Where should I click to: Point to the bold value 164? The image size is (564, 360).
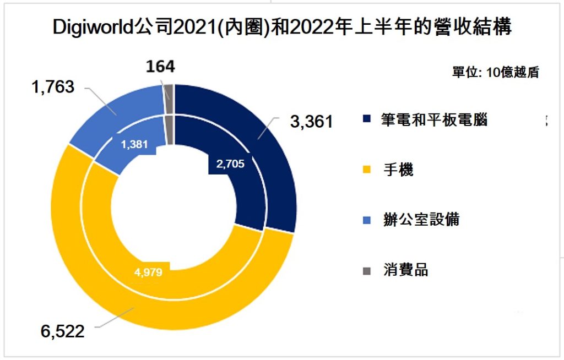160,67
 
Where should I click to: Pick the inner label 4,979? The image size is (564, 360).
148,272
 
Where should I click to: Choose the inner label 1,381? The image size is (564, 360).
134,144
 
